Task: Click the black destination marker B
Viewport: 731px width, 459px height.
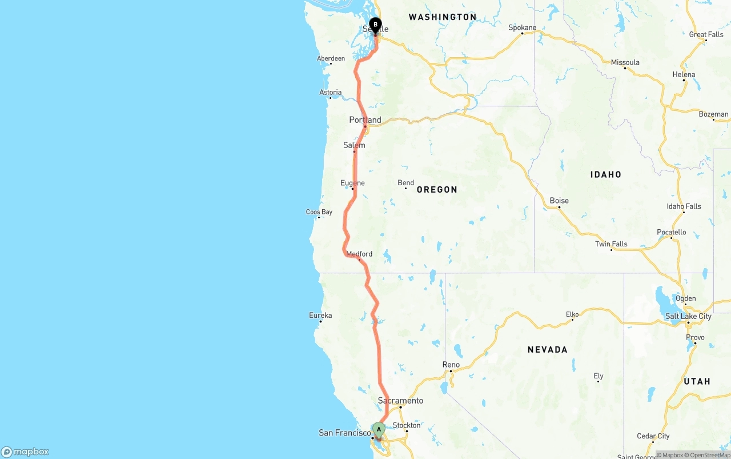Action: (x=375, y=25)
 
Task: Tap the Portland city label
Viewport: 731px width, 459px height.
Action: (x=365, y=120)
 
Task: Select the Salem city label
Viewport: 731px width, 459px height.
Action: (x=354, y=145)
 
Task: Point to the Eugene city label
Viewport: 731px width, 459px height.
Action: (x=352, y=183)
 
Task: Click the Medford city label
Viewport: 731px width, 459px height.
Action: (x=359, y=254)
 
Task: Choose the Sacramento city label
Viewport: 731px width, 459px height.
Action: (x=400, y=400)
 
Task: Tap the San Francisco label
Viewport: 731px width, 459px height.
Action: (x=345, y=433)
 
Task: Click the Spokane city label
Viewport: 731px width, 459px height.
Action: (x=523, y=27)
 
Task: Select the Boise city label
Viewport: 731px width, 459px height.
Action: (x=559, y=201)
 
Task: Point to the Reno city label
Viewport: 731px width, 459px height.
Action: (x=451, y=365)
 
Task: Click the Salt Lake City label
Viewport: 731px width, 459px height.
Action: (x=688, y=316)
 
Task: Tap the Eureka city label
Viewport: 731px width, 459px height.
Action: (x=320, y=315)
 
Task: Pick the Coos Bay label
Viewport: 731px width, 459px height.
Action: (x=319, y=212)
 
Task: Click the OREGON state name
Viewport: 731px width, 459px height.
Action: (x=437, y=189)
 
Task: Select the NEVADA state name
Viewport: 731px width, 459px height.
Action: (x=547, y=349)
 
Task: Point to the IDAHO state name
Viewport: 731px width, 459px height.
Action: (x=606, y=174)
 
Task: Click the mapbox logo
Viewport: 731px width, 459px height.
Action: (x=25, y=452)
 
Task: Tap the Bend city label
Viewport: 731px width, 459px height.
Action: (x=406, y=183)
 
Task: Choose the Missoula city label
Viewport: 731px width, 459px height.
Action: (x=625, y=62)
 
